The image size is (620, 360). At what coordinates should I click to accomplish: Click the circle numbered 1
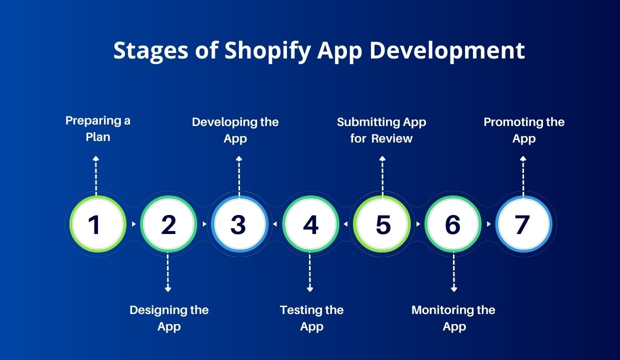(97, 224)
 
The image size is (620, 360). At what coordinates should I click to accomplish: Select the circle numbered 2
(168, 224)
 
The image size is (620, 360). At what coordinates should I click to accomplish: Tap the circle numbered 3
(239, 224)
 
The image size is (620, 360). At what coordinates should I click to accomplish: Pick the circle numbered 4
(310, 224)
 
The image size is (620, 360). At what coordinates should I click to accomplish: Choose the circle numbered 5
(381, 224)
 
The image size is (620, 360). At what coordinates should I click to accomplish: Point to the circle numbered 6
(453, 224)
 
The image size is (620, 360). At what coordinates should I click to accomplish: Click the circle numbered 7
(523, 224)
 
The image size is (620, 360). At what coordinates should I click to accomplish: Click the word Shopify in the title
(267, 51)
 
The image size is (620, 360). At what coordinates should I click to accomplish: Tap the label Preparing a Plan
(97, 129)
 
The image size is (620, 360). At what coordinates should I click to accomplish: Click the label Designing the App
(169, 318)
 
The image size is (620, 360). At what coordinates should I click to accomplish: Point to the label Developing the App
(235, 130)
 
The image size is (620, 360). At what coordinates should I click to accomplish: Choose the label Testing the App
(311, 318)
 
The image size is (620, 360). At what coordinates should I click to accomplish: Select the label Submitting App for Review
(381, 130)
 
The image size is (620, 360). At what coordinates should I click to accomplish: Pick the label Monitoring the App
(453, 318)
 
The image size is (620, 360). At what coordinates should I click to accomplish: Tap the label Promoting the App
(524, 130)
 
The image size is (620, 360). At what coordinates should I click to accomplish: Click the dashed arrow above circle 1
(96, 176)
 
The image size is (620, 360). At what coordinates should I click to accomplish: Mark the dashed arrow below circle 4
(309, 272)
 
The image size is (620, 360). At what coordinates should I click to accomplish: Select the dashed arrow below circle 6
(453, 272)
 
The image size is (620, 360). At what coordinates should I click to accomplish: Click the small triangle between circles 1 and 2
(133, 224)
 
